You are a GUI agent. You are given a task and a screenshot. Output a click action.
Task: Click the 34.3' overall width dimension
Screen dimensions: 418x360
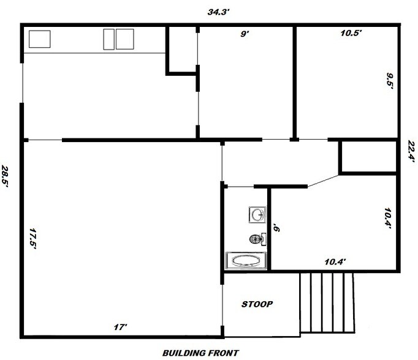click(218, 12)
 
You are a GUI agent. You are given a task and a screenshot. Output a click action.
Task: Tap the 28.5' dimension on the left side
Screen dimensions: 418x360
click(5, 176)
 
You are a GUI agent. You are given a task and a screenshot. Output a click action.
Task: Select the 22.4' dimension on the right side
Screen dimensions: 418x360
click(412, 151)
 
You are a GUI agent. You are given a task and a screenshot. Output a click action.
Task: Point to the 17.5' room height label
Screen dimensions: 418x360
click(32, 239)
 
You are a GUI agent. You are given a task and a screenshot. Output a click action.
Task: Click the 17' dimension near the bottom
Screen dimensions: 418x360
click(120, 327)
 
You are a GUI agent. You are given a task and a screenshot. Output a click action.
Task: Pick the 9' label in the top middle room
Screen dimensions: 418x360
click(245, 34)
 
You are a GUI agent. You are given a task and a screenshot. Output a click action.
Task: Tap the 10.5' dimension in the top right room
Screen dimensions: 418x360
click(351, 33)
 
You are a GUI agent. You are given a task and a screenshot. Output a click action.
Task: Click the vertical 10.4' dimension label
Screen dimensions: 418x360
click(388, 219)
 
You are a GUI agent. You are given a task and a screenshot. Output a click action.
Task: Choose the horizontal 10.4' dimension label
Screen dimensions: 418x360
click(335, 262)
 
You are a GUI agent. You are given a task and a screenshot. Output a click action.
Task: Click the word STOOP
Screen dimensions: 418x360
click(257, 304)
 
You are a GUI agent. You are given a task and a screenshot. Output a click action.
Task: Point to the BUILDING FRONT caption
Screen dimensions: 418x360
click(200, 353)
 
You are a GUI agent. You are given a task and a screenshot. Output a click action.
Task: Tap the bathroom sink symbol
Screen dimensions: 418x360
click(257, 215)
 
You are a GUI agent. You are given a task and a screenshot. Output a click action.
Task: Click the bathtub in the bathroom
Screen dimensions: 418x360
click(246, 260)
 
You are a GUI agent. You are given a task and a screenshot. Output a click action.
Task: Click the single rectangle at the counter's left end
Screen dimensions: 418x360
click(39, 39)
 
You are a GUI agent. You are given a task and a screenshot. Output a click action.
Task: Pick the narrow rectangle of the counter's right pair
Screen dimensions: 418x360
click(108, 39)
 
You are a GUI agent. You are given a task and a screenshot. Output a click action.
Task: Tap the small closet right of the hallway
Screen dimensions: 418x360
click(369, 157)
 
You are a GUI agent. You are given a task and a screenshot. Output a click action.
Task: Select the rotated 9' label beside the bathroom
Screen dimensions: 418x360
click(276, 228)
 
